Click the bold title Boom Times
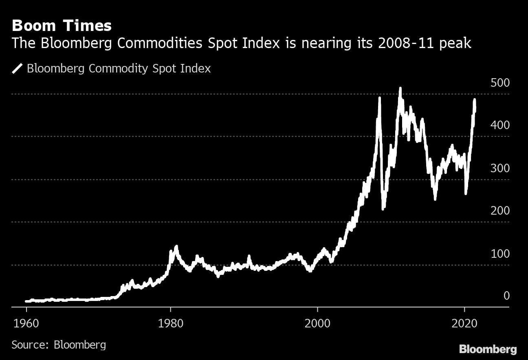62,26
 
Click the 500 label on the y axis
500,83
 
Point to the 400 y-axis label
500,125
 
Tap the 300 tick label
500,168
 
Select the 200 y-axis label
500,211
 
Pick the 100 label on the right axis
500,254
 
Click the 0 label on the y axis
506,296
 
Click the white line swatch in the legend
17,68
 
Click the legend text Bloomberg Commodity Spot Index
119,68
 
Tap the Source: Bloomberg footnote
59,345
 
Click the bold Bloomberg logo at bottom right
488,349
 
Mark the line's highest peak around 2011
400,88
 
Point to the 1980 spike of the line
176,247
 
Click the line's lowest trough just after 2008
383,209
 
